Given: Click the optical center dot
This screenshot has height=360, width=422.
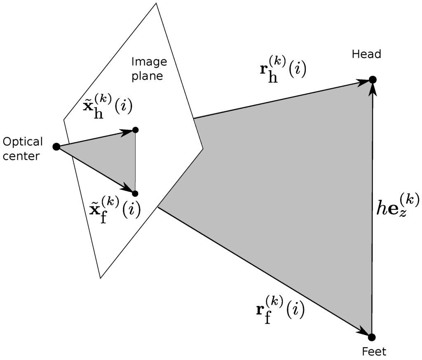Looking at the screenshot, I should coord(56,146).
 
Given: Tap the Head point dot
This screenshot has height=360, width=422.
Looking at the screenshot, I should coord(372,79).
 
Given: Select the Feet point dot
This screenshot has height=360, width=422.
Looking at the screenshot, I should coord(372,337).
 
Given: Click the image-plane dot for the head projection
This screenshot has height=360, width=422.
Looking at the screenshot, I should coord(136,130).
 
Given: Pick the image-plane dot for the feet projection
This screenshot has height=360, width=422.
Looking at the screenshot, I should coord(135,193).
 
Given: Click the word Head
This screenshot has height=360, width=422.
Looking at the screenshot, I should coord(367,54).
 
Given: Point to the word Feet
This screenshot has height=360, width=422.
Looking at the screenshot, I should coord(374,352).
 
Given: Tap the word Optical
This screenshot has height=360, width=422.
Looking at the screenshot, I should coord(23,142).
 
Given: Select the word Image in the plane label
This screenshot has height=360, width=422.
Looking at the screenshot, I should coord(149,62).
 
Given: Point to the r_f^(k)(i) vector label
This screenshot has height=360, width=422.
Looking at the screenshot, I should coord(280,310).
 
